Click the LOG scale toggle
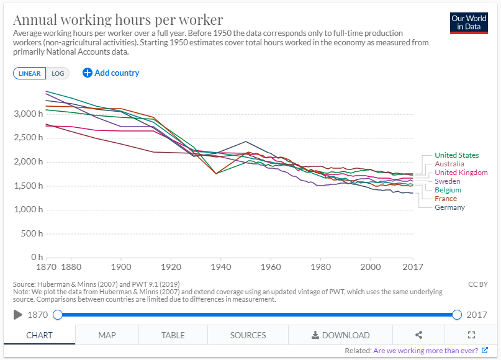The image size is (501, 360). pyautogui.click(x=57, y=73)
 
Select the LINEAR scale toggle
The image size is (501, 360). pyautogui.click(x=30, y=73)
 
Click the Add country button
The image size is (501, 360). pyautogui.click(x=111, y=73)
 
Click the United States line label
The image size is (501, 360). pyautogui.click(x=456, y=155)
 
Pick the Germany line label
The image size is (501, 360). pyautogui.click(x=449, y=207)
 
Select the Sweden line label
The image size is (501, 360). pyautogui.click(x=448, y=181)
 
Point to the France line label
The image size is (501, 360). pyautogui.click(x=446, y=199)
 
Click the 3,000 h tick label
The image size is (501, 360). pyautogui.click(x=27, y=114)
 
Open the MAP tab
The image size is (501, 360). pyautogui.click(x=107, y=335)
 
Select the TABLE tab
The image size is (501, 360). pyautogui.click(x=173, y=335)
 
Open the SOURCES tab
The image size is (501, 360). pyautogui.click(x=248, y=335)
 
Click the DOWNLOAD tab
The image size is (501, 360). pyautogui.click(x=340, y=335)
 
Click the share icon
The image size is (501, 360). pyautogui.click(x=418, y=335)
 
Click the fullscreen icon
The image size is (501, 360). pyautogui.click(x=471, y=335)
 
